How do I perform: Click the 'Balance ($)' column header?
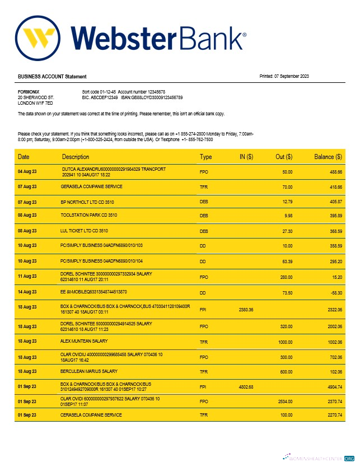[328, 157]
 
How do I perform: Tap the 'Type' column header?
[206, 157]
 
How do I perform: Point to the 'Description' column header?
[76, 157]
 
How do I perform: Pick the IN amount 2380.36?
[246, 309]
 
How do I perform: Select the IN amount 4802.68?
[246, 386]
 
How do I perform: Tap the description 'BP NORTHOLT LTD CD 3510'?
[88, 200]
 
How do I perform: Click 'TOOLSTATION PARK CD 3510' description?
[88, 215]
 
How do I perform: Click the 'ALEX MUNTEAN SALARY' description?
[84, 340]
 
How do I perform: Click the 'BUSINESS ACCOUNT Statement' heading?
[52, 76]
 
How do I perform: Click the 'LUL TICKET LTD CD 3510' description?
[84, 230]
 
